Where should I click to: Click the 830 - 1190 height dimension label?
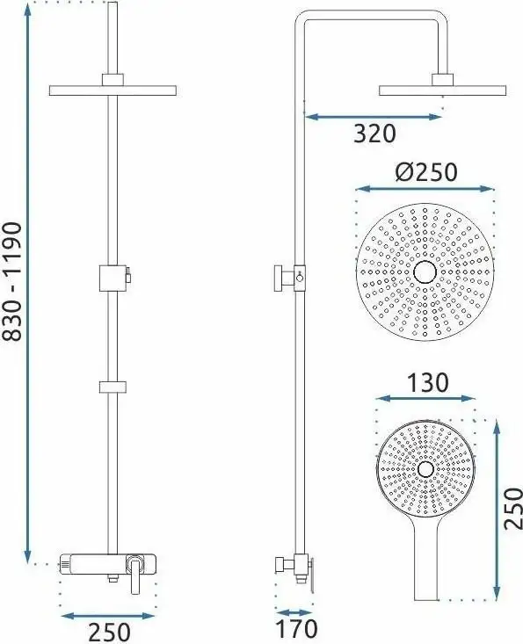pyautogui.click(x=12, y=281)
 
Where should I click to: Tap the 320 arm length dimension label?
pyautogui.click(x=374, y=134)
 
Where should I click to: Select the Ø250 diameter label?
pyautogui.click(x=426, y=171)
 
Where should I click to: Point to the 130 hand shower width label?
pyautogui.click(x=428, y=382)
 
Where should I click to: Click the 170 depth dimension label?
pyautogui.click(x=296, y=629)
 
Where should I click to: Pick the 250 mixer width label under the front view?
pyautogui.click(x=109, y=633)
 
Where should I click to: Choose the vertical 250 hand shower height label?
pyautogui.click(x=513, y=508)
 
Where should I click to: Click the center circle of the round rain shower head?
pyautogui.click(x=425, y=272)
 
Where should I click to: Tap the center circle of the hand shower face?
pyautogui.click(x=425, y=469)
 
